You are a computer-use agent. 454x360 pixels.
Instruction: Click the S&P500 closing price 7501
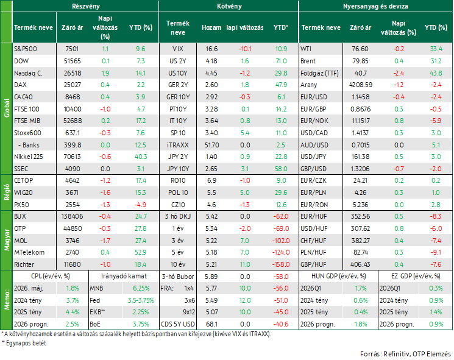[x=72, y=49]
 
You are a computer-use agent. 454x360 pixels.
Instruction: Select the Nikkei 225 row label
[x=29, y=157]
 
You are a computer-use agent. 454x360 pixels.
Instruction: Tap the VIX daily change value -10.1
[x=245, y=49]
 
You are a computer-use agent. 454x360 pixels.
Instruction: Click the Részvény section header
[x=86, y=6]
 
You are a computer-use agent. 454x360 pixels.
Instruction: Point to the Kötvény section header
[x=229, y=6]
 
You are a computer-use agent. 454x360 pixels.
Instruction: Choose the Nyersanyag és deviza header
[x=375, y=6]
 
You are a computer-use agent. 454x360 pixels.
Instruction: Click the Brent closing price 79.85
[x=360, y=61]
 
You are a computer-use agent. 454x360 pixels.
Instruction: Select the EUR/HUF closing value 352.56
[x=360, y=216]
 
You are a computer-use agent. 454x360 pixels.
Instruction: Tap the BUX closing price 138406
[x=72, y=216]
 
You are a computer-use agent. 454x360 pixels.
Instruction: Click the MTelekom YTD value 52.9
[x=140, y=252]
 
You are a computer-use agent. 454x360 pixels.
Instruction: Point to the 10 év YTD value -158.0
[x=281, y=264]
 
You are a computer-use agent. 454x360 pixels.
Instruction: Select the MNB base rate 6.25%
[x=141, y=289]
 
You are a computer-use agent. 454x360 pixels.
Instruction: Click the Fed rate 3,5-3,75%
[x=141, y=300]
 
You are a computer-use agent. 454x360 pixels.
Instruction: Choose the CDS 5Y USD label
[x=178, y=324]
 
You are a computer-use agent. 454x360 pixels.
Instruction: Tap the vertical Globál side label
[x=7, y=108]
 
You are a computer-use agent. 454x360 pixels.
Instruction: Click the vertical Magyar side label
[x=7, y=240]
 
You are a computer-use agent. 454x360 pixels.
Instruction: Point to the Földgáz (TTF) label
[x=319, y=73]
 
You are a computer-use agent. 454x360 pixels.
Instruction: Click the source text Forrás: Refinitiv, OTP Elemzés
[x=405, y=354]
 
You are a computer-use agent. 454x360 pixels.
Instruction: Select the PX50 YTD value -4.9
[x=140, y=205]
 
